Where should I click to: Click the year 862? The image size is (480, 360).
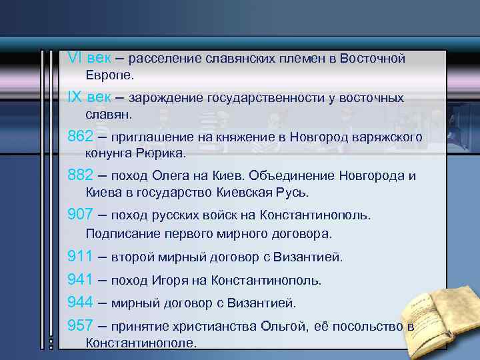(x=81, y=137)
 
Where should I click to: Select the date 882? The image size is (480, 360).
(x=81, y=175)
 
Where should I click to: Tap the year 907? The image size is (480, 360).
(x=81, y=215)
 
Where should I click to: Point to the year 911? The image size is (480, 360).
(x=81, y=256)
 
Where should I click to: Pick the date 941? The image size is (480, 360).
(x=81, y=279)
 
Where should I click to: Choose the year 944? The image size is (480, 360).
(x=81, y=303)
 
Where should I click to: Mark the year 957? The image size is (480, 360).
(x=81, y=326)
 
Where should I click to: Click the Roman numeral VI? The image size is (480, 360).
(x=75, y=58)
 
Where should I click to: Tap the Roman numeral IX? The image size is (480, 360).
(x=75, y=97)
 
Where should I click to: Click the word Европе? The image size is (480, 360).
(x=110, y=75)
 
